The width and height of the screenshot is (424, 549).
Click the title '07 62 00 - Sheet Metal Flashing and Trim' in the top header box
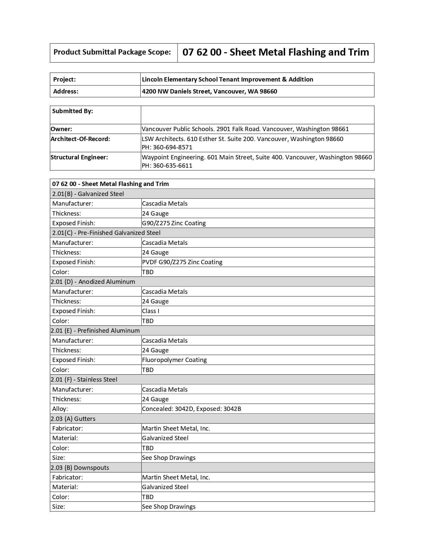click(x=276, y=52)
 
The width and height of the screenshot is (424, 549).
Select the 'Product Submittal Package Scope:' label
click(x=112, y=52)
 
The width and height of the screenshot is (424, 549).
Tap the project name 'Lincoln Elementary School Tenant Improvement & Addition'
click(x=227, y=79)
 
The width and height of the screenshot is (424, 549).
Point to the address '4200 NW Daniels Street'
click(x=176, y=91)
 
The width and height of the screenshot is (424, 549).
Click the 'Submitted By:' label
click(x=72, y=111)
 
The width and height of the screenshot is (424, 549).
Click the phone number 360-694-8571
click(x=167, y=147)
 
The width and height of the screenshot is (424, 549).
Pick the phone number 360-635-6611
click(x=167, y=166)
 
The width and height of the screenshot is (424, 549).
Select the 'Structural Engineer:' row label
click(x=79, y=157)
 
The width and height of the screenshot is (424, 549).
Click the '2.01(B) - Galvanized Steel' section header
click(x=88, y=194)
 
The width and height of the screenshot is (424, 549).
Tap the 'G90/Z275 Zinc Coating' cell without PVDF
click(x=174, y=223)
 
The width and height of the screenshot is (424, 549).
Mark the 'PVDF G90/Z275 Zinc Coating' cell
click(x=182, y=262)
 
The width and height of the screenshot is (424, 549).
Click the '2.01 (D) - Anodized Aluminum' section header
click(x=93, y=282)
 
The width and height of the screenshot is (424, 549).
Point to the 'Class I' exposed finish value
click(x=151, y=311)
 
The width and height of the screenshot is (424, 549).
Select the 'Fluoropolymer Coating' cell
click(x=174, y=360)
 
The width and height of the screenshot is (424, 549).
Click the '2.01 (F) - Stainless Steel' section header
click(x=84, y=380)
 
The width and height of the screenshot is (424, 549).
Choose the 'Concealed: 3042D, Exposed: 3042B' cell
click(x=191, y=409)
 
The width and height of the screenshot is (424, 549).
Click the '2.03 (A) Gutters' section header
click(x=73, y=419)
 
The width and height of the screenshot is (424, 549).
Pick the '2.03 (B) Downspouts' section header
click(x=80, y=468)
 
